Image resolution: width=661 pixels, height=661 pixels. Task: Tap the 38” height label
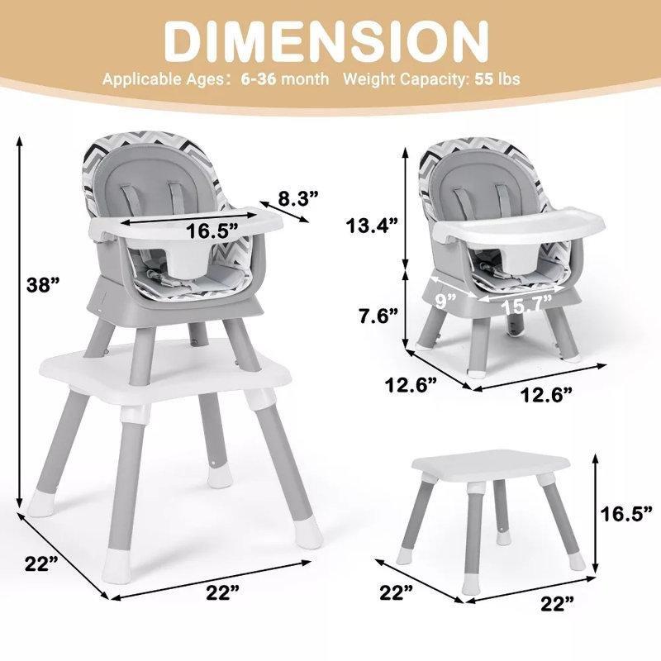(x=44, y=285)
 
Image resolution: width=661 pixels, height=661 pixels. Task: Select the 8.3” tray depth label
(x=297, y=197)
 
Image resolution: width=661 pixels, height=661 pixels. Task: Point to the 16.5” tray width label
(x=212, y=231)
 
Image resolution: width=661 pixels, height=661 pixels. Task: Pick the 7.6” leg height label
(x=378, y=316)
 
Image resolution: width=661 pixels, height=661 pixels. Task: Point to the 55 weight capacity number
(x=483, y=78)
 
